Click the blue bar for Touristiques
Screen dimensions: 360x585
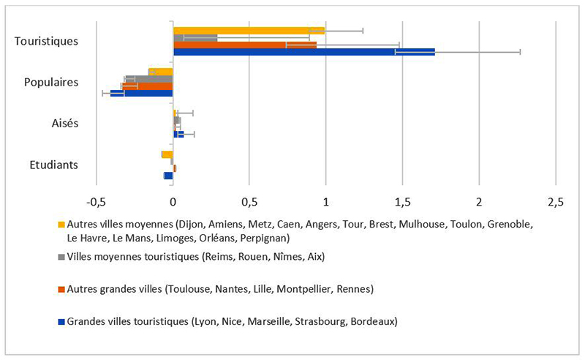point(303,52)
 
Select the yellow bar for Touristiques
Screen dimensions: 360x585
point(249,30)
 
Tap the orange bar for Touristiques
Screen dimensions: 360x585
point(245,45)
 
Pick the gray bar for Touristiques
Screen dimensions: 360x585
point(195,37)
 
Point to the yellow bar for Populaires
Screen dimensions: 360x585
point(160,72)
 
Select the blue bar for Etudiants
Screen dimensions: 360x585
point(168,176)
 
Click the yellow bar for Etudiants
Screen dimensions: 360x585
point(167,154)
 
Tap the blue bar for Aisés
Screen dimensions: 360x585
point(178,134)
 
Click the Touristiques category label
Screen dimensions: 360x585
point(46,41)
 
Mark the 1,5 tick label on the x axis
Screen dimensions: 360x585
point(402,201)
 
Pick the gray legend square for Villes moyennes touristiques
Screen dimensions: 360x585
point(61,257)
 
